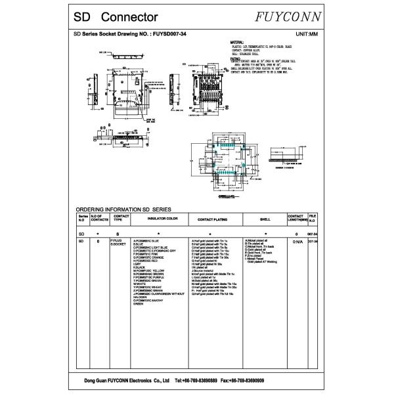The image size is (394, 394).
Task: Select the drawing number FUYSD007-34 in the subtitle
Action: [x=169, y=33]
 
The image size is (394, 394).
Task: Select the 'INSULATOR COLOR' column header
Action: [x=154, y=218]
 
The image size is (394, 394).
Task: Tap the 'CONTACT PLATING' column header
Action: [x=212, y=218]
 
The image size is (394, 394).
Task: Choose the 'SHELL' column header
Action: [x=265, y=218]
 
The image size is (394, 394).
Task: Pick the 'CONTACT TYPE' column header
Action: [x=121, y=218]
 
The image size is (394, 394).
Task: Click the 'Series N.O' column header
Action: [x=82, y=218]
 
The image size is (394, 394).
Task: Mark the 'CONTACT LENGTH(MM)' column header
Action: [x=296, y=218]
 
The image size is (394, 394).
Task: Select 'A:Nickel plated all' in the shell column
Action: [x=257, y=241]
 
